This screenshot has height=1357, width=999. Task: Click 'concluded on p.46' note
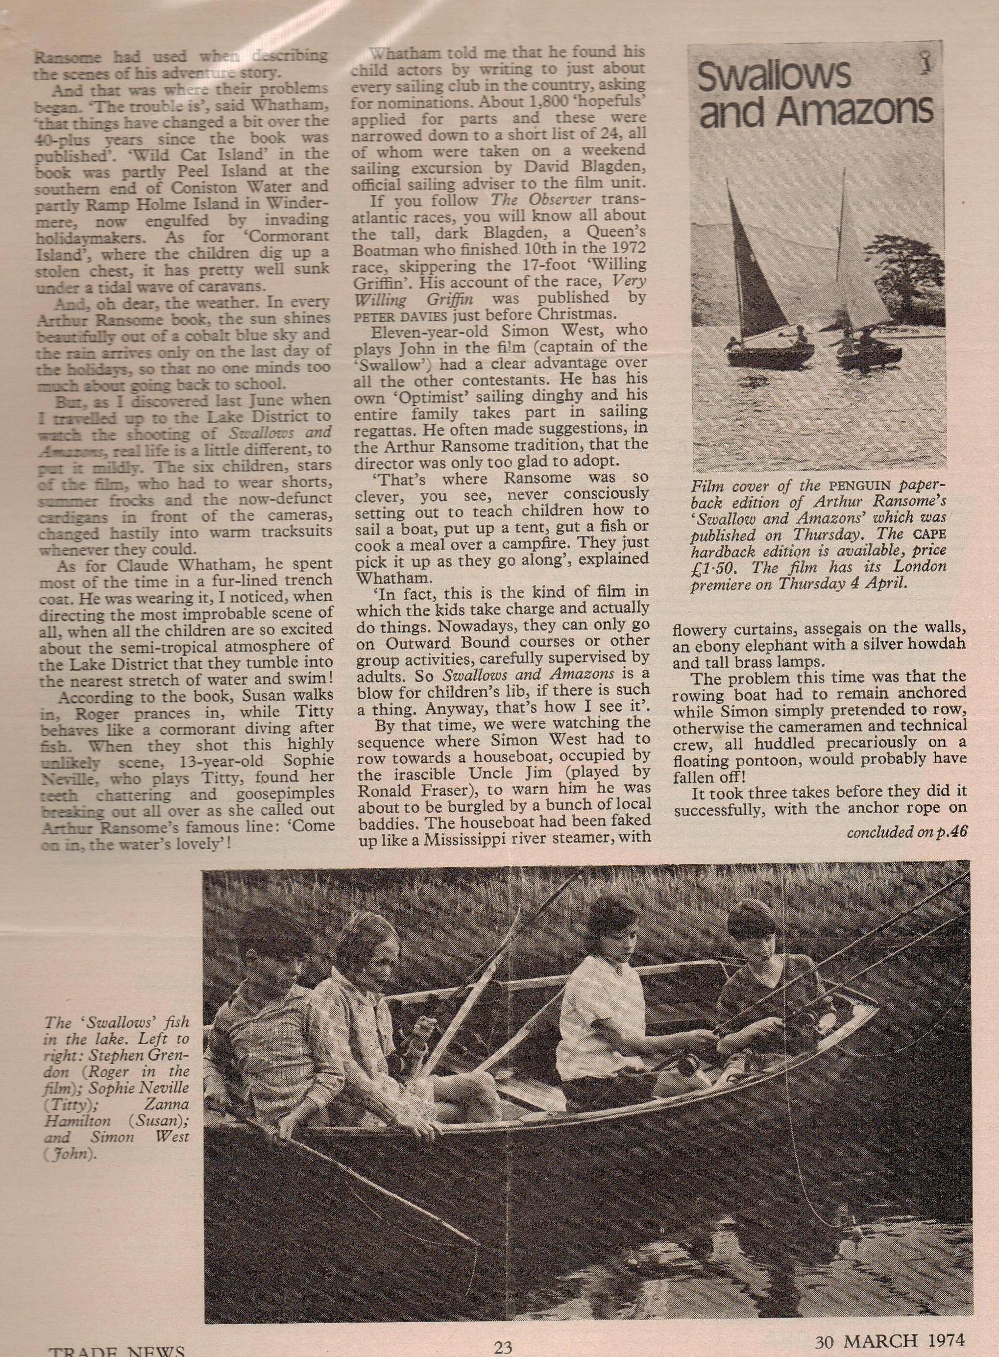906,832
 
